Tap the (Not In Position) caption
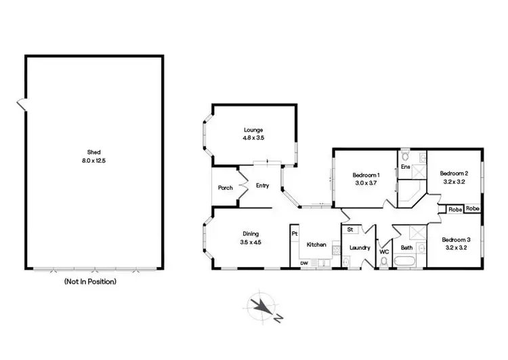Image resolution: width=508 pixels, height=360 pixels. [90, 281]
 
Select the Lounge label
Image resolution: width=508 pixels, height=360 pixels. [254, 129]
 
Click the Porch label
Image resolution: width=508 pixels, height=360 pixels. [226, 188]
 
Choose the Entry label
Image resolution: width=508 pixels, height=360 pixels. [263, 185]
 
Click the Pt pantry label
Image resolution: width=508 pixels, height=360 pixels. [295, 234]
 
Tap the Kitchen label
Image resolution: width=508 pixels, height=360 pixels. [317, 245]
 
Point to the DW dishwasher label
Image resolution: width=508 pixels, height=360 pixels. [304, 263]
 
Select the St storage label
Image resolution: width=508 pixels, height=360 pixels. [351, 230]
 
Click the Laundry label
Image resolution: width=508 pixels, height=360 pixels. [359, 247]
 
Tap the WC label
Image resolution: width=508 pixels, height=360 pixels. [384, 251]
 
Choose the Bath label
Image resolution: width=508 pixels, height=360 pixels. [407, 247]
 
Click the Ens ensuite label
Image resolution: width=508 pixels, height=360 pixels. [405, 166]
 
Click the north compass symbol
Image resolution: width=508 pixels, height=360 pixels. [261, 306]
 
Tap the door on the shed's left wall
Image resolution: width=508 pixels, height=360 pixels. [22, 105]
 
